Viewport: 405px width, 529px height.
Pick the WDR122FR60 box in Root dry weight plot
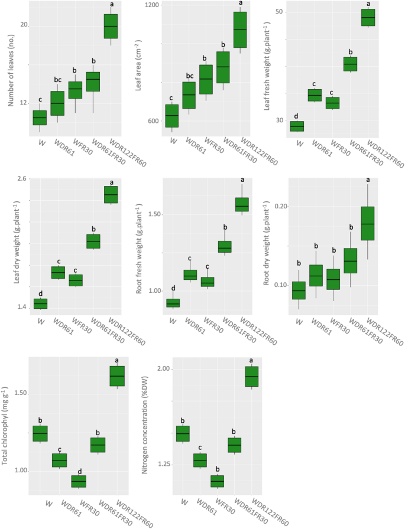368,223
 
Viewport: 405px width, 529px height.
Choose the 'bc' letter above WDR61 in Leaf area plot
189,76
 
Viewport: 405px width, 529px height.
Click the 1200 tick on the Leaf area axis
152,5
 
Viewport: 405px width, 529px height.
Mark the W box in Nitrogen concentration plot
183,433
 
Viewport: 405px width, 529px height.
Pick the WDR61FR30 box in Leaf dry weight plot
93,241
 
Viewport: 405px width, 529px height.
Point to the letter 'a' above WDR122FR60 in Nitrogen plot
251,360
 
